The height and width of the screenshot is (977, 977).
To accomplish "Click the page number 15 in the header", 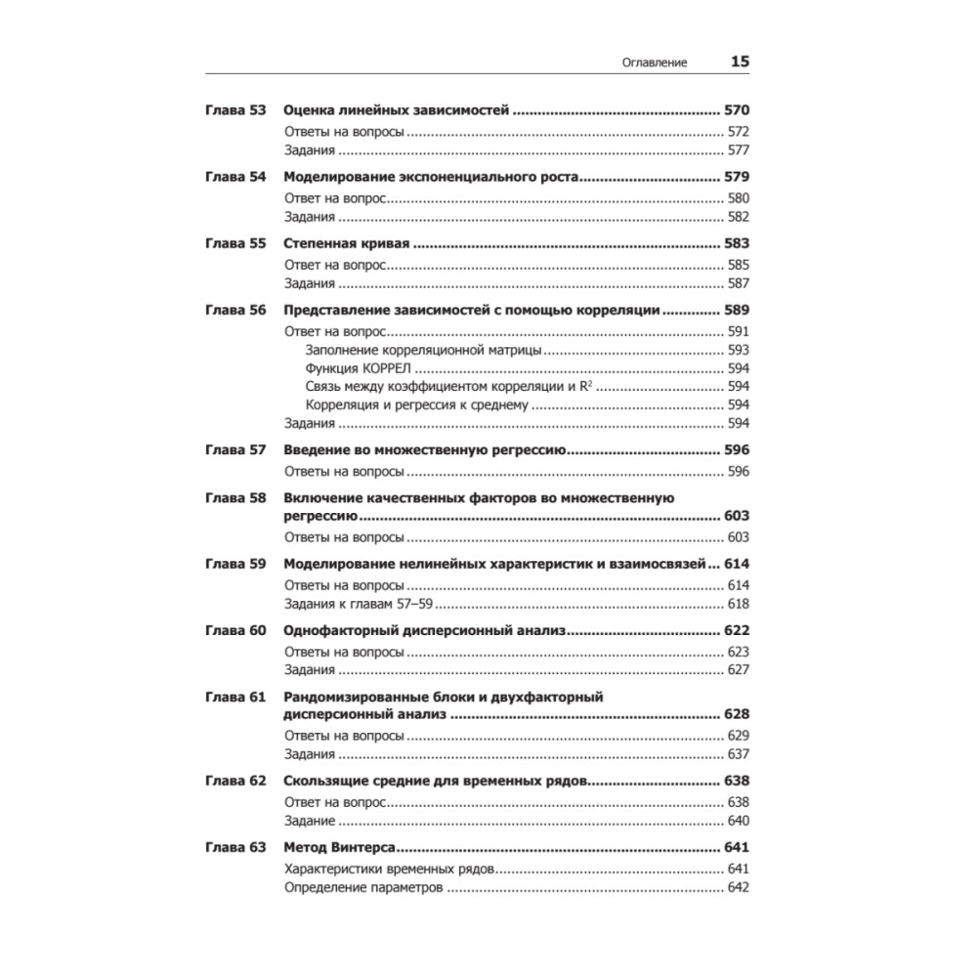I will pyautogui.click(x=740, y=62).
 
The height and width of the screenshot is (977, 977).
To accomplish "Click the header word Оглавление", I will pyautogui.click(x=655, y=63).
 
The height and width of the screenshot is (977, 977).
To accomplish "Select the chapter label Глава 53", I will pyautogui.click(x=235, y=110).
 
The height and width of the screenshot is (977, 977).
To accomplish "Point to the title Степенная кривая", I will pyautogui.click(x=343, y=243).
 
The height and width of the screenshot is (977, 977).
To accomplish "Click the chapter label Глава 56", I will pyautogui.click(x=235, y=311).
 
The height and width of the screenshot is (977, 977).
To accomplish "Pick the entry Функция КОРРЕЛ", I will pyautogui.click(x=359, y=367).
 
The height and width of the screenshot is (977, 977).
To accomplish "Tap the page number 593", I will pyautogui.click(x=738, y=349).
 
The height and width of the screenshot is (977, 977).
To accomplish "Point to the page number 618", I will pyautogui.click(x=738, y=605).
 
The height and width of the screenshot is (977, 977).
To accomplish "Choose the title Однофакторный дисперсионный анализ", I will pyautogui.click(x=424, y=630).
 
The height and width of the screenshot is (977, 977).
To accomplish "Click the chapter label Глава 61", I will pyautogui.click(x=235, y=697).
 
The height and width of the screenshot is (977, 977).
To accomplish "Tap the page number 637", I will pyautogui.click(x=738, y=754).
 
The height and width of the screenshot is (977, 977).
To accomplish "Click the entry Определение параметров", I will pyautogui.click(x=364, y=888).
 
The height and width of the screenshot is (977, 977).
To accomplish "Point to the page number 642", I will pyautogui.click(x=738, y=888).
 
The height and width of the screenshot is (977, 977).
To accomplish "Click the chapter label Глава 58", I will pyautogui.click(x=235, y=497).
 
